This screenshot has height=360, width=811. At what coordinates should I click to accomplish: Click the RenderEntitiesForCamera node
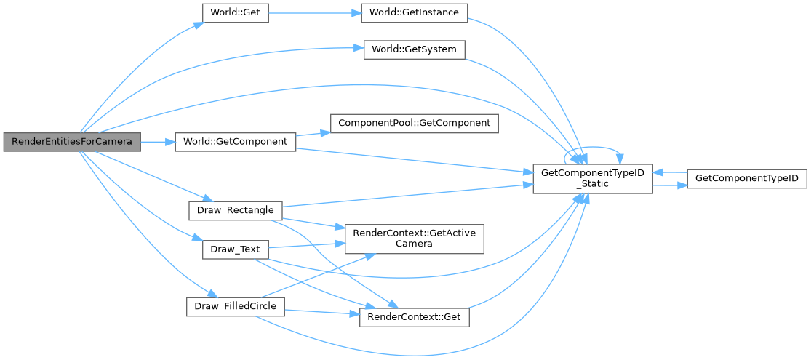click(x=71, y=142)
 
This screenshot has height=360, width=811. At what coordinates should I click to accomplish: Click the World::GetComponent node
click(x=235, y=142)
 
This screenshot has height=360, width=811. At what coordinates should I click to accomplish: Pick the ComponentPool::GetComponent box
click(x=415, y=123)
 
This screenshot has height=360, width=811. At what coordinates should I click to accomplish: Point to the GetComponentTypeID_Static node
click(x=591, y=178)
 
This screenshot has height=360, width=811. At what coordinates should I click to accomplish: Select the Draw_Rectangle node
click(x=235, y=211)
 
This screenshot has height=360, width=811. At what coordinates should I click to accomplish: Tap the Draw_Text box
click(x=235, y=249)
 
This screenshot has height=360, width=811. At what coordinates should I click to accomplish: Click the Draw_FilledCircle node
click(x=235, y=306)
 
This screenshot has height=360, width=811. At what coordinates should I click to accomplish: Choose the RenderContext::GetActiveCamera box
click(x=414, y=238)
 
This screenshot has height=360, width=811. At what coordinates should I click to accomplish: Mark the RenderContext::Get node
click(x=414, y=317)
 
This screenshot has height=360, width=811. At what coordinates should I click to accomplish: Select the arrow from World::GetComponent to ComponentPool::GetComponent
click(x=313, y=133)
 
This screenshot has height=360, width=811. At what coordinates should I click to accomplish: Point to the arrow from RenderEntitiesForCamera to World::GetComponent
click(x=156, y=142)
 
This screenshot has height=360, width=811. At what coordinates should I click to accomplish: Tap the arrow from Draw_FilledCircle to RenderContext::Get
click(x=320, y=313)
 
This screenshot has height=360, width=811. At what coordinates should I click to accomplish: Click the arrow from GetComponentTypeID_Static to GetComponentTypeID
click(x=669, y=186)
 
